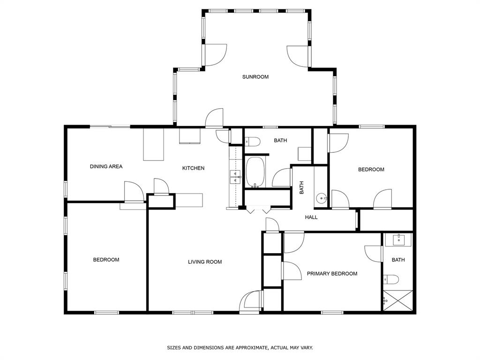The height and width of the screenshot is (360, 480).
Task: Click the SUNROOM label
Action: pos(255,77)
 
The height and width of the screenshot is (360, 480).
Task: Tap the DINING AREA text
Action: pos(106,166)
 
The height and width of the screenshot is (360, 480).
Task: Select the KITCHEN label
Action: pos(193,168)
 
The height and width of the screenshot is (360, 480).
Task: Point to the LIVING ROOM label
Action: pos(205,262)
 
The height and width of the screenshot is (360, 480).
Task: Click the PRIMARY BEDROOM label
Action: pos(332,274)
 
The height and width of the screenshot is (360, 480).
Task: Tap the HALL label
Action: pos(311,217)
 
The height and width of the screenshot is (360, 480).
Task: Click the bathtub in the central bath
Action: pos(255,172)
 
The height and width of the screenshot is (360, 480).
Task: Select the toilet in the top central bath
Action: pos(253,142)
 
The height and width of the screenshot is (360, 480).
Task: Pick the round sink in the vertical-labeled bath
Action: pos(321,198)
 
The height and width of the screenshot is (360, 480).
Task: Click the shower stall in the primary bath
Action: pos(398,300)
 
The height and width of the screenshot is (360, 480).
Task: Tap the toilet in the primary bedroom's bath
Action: pos(391,279)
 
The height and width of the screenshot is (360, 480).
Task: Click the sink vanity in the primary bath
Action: pos(399,240)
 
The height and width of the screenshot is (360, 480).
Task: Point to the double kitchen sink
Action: pos(235,177)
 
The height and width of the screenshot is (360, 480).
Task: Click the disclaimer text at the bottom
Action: pos(240,348)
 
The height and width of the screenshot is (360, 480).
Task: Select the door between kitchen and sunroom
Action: pos(214,119)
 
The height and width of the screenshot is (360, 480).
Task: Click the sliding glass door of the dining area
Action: pos(110,127)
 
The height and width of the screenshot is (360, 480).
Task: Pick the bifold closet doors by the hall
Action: pos(259,210)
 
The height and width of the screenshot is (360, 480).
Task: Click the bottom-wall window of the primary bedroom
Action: pos(332,313)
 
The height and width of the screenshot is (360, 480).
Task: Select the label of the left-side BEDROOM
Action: pos(106,260)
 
